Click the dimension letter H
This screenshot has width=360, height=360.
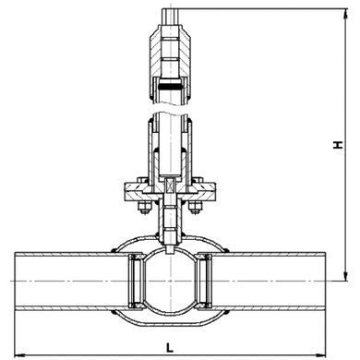click(338, 145)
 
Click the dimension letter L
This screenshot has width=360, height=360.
click(170, 348)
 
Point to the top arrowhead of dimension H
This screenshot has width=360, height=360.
click(346, 14)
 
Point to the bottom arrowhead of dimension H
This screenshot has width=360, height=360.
click(346, 276)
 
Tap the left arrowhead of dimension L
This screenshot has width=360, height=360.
click(20, 354)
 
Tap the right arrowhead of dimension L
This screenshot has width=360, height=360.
click(320, 354)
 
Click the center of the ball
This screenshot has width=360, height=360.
click(170, 281)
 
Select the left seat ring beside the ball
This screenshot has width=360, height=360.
click(136, 281)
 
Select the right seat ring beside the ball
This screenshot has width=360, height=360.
click(205, 281)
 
